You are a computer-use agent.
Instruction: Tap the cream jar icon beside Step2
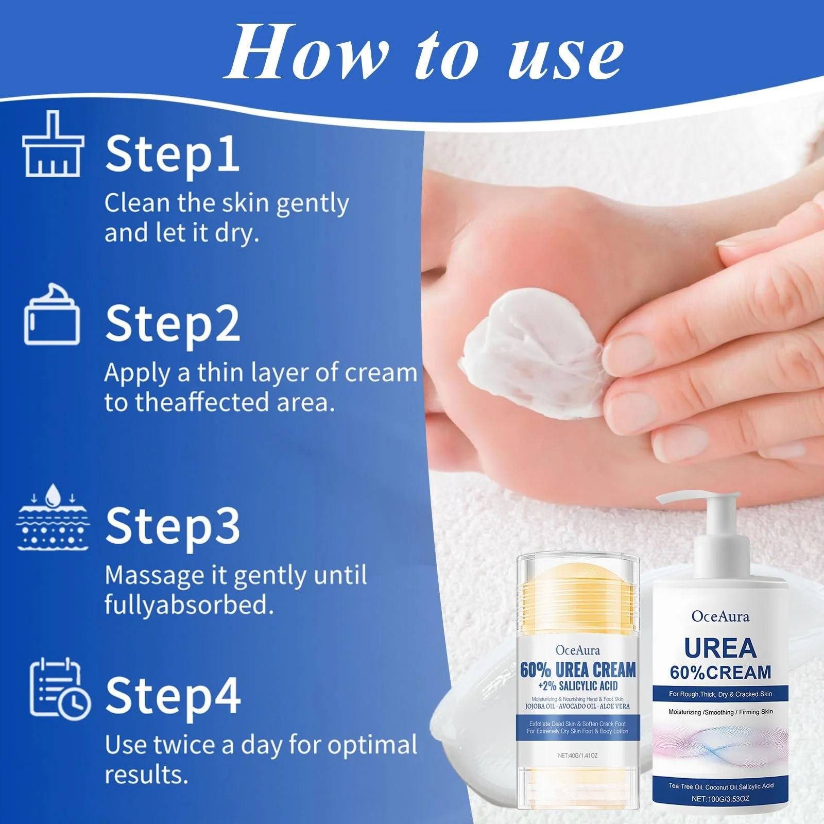(x=52, y=315)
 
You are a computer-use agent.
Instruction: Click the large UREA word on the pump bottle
(x=720, y=648)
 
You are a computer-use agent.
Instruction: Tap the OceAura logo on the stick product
(x=577, y=650)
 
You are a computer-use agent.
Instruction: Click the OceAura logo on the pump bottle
(x=720, y=616)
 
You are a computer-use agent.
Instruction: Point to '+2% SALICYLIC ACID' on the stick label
(x=577, y=686)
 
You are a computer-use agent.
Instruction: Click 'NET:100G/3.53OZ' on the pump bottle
(x=720, y=799)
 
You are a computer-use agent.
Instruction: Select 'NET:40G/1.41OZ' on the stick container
(x=577, y=756)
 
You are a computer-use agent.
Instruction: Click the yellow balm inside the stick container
(x=578, y=600)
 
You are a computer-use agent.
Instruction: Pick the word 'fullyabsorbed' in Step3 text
(x=188, y=605)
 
